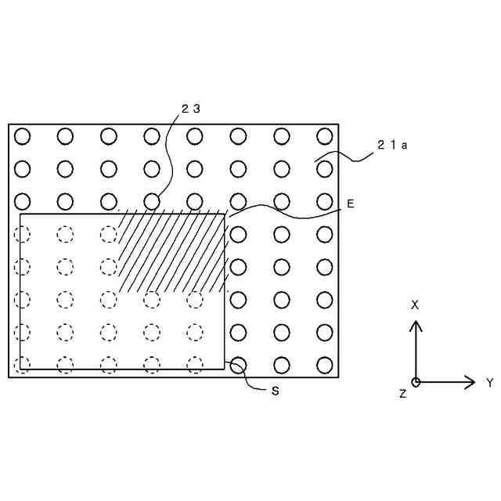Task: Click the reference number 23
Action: (x=191, y=110)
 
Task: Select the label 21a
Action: (x=391, y=145)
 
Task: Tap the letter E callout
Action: (x=351, y=204)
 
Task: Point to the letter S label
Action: (x=276, y=391)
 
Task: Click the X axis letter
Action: (x=415, y=305)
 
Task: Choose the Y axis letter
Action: (x=489, y=383)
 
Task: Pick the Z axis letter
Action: (x=403, y=395)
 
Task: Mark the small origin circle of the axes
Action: (x=416, y=382)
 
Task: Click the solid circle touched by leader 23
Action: (x=152, y=201)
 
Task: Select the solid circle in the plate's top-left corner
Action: (x=22, y=136)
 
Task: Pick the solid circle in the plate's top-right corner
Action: (x=325, y=136)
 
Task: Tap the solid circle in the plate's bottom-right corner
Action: (x=325, y=365)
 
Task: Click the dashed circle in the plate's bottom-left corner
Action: (x=22, y=365)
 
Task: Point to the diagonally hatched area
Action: (x=172, y=250)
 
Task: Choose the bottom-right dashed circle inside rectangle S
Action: (x=195, y=365)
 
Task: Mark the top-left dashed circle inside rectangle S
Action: (x=22, y=234)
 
